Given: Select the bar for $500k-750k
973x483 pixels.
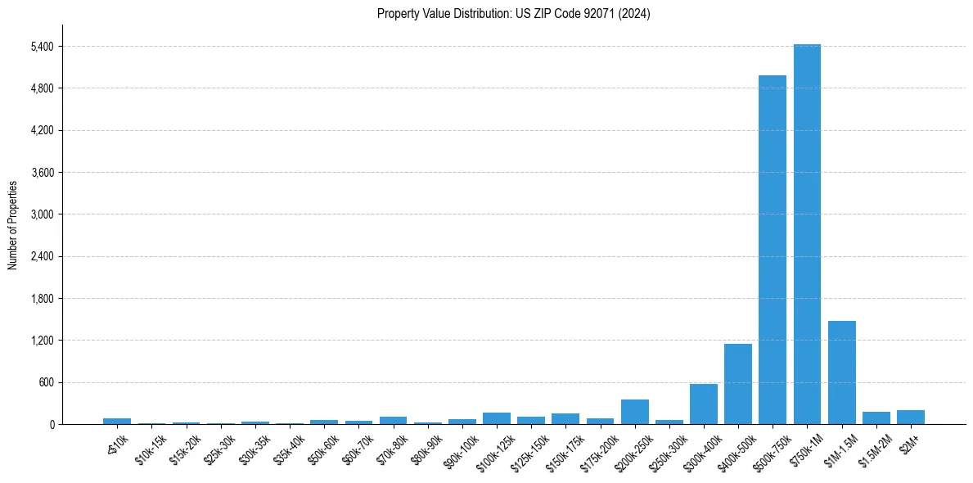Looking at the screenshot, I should click(x=772, y=250).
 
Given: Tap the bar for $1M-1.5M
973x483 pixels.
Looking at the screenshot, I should click(x=841, y=372).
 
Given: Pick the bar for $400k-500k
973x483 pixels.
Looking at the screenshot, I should click(x=737, y=384).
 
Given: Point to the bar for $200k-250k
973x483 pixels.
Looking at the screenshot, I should click(x=634, y=412).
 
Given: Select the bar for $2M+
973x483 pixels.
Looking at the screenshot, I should click(x=910, y=418).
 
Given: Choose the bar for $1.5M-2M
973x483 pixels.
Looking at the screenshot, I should click(x=876, y=418).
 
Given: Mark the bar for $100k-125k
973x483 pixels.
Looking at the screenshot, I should click(x=496, y=418).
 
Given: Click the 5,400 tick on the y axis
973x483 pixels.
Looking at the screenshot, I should click(x=42, y=47).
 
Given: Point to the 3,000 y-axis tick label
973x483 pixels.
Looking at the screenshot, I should click(x=42, y=214).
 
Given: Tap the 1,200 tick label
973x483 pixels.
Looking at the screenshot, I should click(x=42, y=341).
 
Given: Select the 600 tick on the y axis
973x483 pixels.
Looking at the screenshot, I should click(x=46, y=382).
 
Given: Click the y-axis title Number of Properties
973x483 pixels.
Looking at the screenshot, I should click(x=13, y=224).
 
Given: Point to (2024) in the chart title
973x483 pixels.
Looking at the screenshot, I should click(x=635, y=13).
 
